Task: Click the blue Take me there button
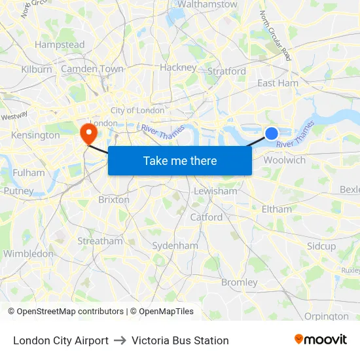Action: click(180, 160)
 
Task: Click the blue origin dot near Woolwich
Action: click(272, 134)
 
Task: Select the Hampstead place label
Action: click(60, 45)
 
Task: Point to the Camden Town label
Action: click(92, 69)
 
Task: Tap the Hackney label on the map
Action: click(178, 67)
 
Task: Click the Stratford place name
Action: click(226, 71)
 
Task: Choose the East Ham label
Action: click(278, 83)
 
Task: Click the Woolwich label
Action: click(284, 160)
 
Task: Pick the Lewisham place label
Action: click(215, 191)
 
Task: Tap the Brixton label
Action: click(113, 200)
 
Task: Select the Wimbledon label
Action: click(28, 253)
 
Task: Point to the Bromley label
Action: click(240, 282)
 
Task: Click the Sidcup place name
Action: click(321, 246)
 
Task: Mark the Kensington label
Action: click(35, 135)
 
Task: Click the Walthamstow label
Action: click(207, 5)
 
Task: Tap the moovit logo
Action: click(320, 339)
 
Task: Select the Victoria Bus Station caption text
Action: click(180, 340)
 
